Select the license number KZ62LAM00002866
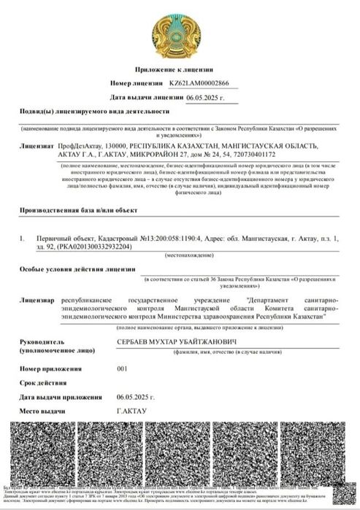click(199, 84)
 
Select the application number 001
click(122, 369)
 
